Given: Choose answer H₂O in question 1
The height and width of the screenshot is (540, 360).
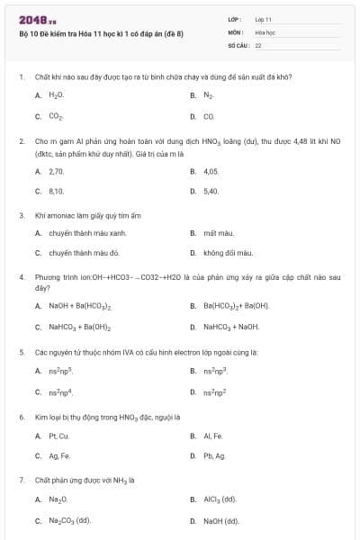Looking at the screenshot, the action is click(56, 94).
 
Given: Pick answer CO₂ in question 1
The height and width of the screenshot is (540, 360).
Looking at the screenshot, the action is click(56, 116).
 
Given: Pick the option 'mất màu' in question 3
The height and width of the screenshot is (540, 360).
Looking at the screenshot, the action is click(217, 232).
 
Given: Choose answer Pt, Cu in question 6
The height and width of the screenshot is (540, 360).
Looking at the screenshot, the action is click(58, 436).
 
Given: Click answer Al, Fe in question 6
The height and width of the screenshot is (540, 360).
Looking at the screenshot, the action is click(212, 436).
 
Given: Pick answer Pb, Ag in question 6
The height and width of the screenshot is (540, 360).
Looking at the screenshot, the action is click(213, 456).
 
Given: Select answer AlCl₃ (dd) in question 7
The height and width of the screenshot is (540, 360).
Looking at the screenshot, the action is click(220, 499).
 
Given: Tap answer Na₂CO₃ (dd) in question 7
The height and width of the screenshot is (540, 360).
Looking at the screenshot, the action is click(70, 520).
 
